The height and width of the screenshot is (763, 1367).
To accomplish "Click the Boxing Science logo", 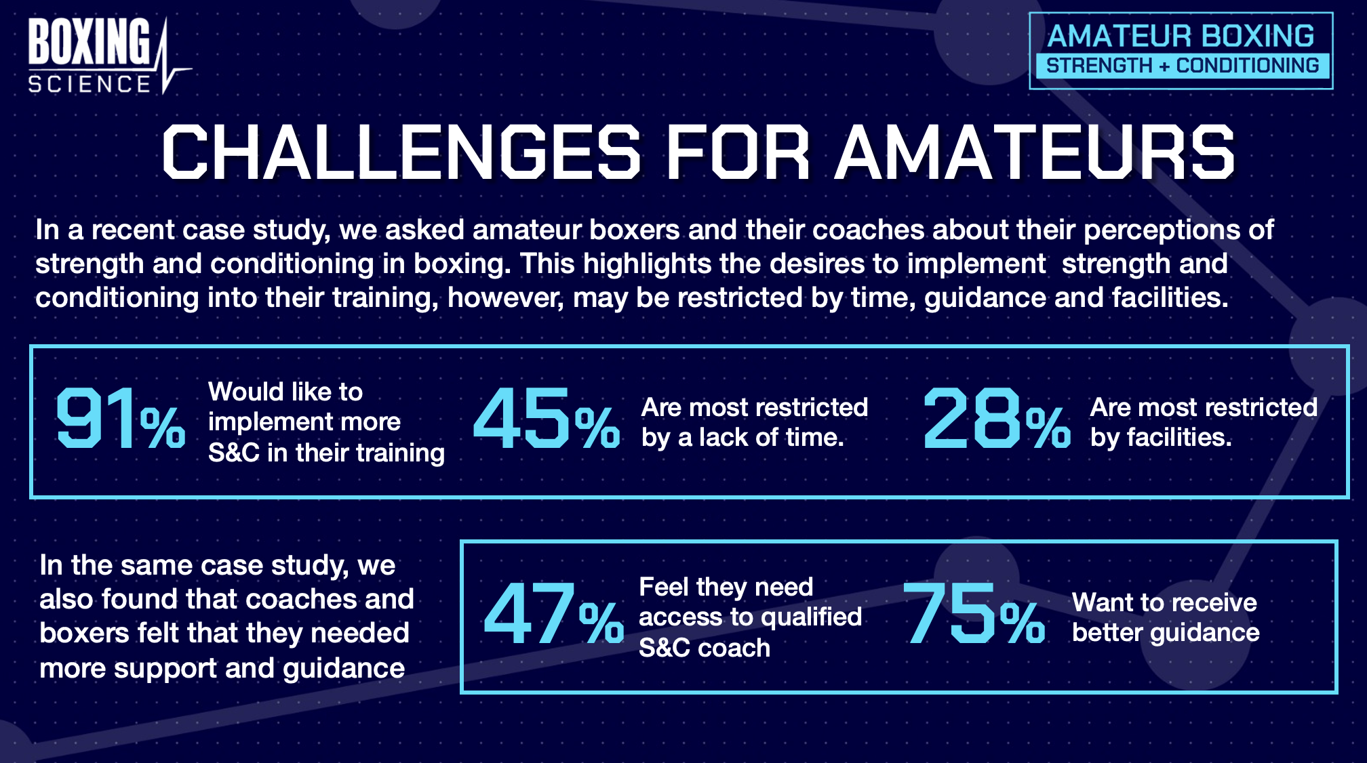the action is [108, 56].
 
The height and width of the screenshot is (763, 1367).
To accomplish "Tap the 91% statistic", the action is [121, 418].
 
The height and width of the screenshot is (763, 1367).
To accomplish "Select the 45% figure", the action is [547, 418].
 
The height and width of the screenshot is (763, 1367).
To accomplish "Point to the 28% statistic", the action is [997, 418].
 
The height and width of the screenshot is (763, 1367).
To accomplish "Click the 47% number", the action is [553, 613].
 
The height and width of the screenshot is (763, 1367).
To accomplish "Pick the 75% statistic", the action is [974, 613].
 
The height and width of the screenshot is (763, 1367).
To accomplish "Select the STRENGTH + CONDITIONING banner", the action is [1183, 66].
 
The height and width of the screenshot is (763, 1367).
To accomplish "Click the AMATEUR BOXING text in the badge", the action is [1181, 36].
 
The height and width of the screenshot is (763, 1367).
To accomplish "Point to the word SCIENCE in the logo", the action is [90, 84].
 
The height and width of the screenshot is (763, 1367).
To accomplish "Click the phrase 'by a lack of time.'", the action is [743, 438].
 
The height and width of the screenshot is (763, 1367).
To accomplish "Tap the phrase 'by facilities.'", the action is [1161, 438].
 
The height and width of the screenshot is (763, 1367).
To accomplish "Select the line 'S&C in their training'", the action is [326, 453].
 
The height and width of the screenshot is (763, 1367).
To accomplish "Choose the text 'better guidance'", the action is [1166, 633].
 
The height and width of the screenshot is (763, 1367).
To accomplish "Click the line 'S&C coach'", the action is [705, 648].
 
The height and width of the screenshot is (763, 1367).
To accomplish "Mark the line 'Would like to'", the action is [285, 391].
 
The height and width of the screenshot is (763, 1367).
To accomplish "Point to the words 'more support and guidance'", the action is [222, 668].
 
